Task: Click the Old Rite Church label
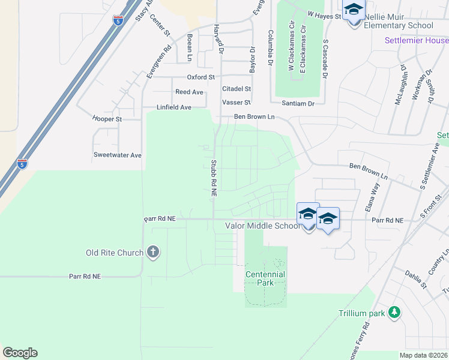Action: click(x=115, y=253)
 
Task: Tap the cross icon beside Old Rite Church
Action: click(x=153, y=252)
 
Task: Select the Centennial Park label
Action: click(x=265, y=278)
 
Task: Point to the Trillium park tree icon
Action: click(x=394, y=312)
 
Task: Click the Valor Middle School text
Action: click(x=262, y=226)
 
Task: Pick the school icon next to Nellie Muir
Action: click(x=354, y=11)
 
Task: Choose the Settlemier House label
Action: click(x=417, y=40)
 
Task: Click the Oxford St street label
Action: click(x=200, y=77)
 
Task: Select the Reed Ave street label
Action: click(x=189, y=92)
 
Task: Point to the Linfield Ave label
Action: click(x=173, y=107)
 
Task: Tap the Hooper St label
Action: click(x=107, y=119)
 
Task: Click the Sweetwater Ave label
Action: click(x=118, y=155)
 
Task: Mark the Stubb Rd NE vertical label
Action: click(x=213, y=178)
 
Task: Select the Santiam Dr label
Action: click(x=303, y=104)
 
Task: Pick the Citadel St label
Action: click(x=236, y=89)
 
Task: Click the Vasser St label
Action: click(x=236, y=103)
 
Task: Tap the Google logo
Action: click(x=20, y=353)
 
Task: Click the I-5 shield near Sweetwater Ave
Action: click(x=22, y=164)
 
